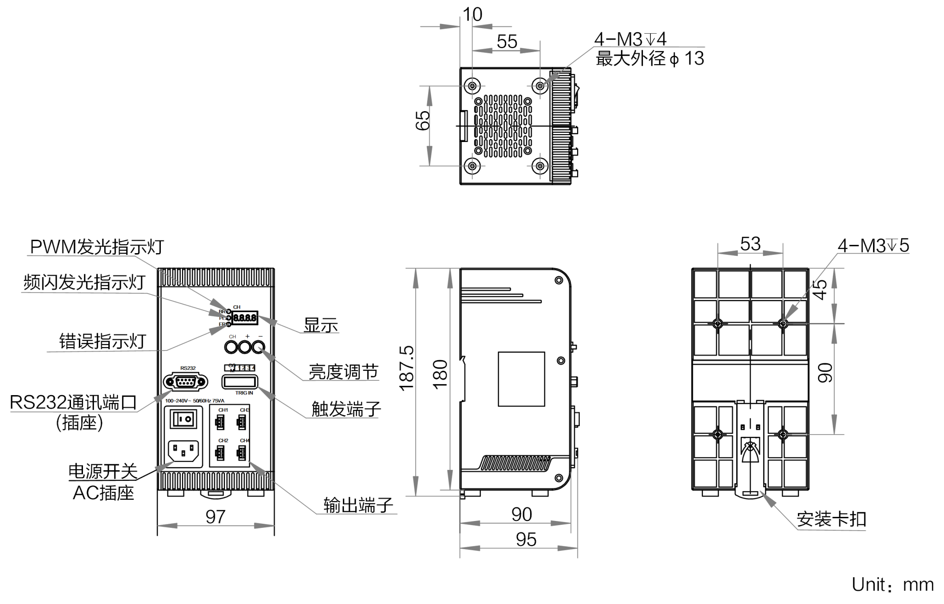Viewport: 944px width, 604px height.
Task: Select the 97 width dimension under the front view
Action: click(215, 517)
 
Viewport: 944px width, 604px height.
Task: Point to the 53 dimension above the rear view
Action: click(750, 244)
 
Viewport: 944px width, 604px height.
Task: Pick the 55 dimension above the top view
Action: click(507, 42)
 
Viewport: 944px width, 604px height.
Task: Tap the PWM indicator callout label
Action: click(95, 248)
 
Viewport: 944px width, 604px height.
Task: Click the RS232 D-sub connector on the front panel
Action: click(185, 382)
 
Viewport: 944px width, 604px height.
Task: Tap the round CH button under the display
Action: click(231, 347)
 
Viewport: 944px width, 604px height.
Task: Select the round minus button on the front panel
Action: click(260, 347)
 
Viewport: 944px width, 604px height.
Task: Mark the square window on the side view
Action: click(522, 379)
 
